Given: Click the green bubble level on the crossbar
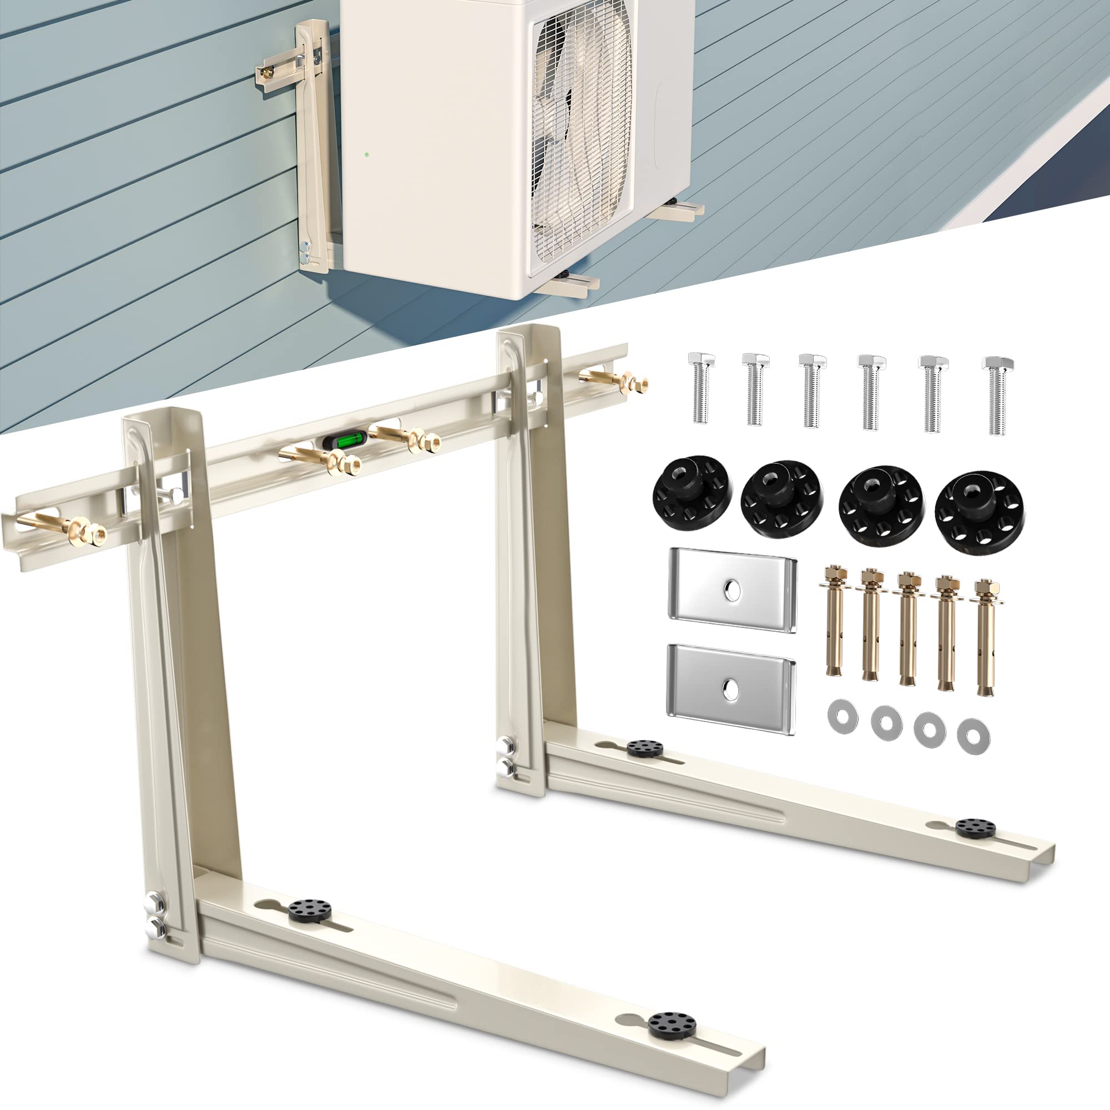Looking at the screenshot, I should coord(344,442).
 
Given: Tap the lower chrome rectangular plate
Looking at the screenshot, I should coord(731,688).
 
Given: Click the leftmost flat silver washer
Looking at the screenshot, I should coord(842,715).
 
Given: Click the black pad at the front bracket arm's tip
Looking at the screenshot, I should coord(672,1025).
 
